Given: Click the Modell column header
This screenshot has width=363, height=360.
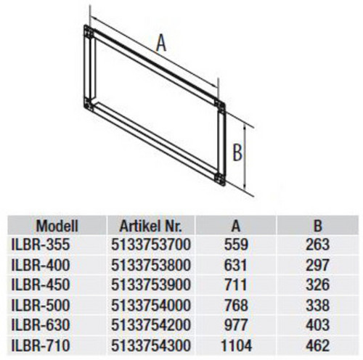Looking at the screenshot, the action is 57,226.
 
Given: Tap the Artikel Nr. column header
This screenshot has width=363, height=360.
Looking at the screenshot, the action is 150,226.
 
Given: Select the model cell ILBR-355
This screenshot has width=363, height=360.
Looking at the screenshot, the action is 41,245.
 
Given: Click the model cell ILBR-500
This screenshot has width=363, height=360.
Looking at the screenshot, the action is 41,305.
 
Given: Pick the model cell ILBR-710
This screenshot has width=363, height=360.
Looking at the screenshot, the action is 41,345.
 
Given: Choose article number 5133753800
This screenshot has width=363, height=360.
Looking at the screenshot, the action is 151,265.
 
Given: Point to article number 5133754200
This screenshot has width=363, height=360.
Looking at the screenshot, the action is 151,325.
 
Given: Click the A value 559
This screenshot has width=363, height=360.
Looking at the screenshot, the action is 236,245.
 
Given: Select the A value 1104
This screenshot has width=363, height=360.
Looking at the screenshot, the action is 236,345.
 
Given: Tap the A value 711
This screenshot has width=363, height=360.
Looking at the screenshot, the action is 235,285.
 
